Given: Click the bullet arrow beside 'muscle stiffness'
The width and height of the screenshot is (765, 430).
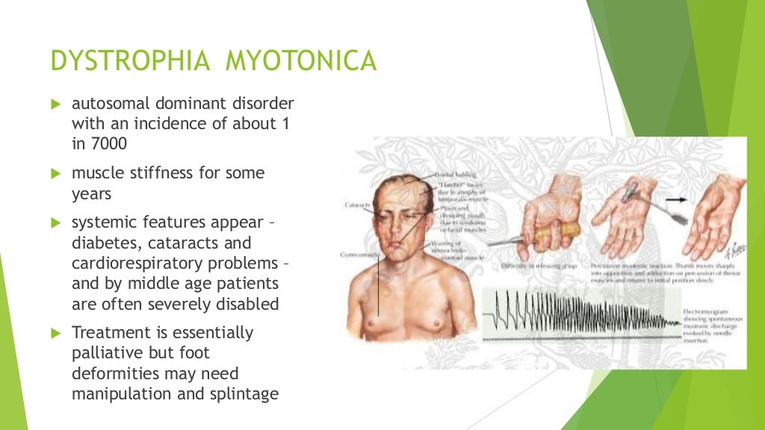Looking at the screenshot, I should pyautogui.click(x=54, y=173).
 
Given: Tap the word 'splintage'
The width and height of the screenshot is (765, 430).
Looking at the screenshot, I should pyautogui.click(x=244, y=393).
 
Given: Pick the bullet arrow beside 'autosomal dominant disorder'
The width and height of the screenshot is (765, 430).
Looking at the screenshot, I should pyautogui.click(x=54, y=103).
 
